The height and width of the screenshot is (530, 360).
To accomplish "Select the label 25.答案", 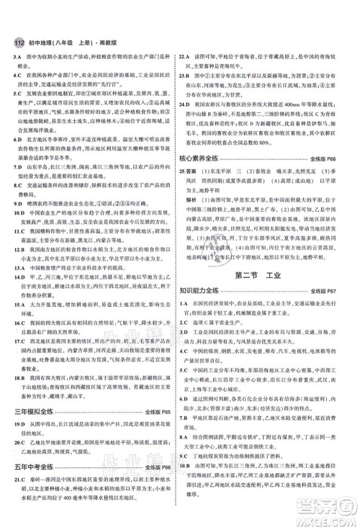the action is click(194, 193).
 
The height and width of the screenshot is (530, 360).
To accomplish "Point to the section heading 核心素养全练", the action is click(212, 177).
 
